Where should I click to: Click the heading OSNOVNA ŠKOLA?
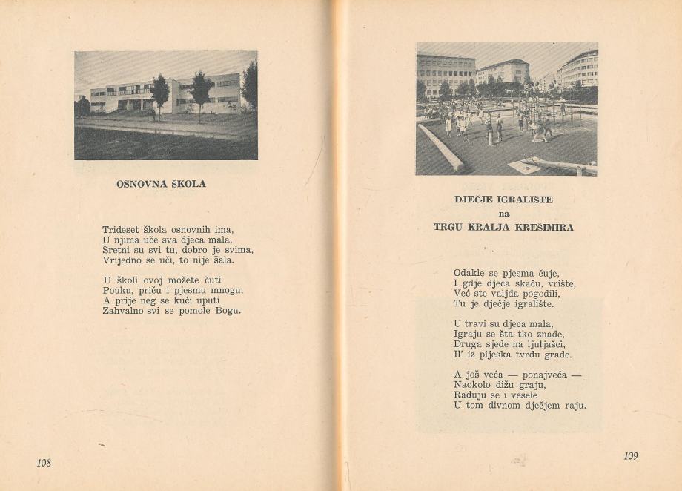pyautogui.click(x=161, y=184)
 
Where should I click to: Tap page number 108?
pyautogui.click(x=44, y=463)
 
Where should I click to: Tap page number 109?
pyautogui.click(x=630, y=456)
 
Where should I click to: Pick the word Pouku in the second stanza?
pyautogui.click(x=117, y=291)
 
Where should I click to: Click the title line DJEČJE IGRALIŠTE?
pyautogui.click(x=503, y=200)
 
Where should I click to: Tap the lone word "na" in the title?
pyautogui.click(x=504, y=214)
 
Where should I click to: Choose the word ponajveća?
pyautogui.click(x=544, y=375)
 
